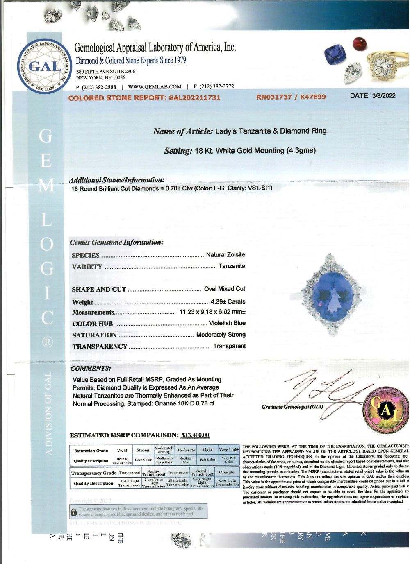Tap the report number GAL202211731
[195, 97]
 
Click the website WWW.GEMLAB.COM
[155, 87]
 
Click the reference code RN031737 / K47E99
[291, 97]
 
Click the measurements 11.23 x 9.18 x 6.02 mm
[212, 312]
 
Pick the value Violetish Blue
[227, 323]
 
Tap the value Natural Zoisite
[225, 255]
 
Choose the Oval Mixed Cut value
[225, 289]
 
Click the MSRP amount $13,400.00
[195, 435]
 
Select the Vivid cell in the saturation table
[122, 450]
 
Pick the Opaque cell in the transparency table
[227, 473]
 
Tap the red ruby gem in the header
[360, 43]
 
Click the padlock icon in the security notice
[74, 512]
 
